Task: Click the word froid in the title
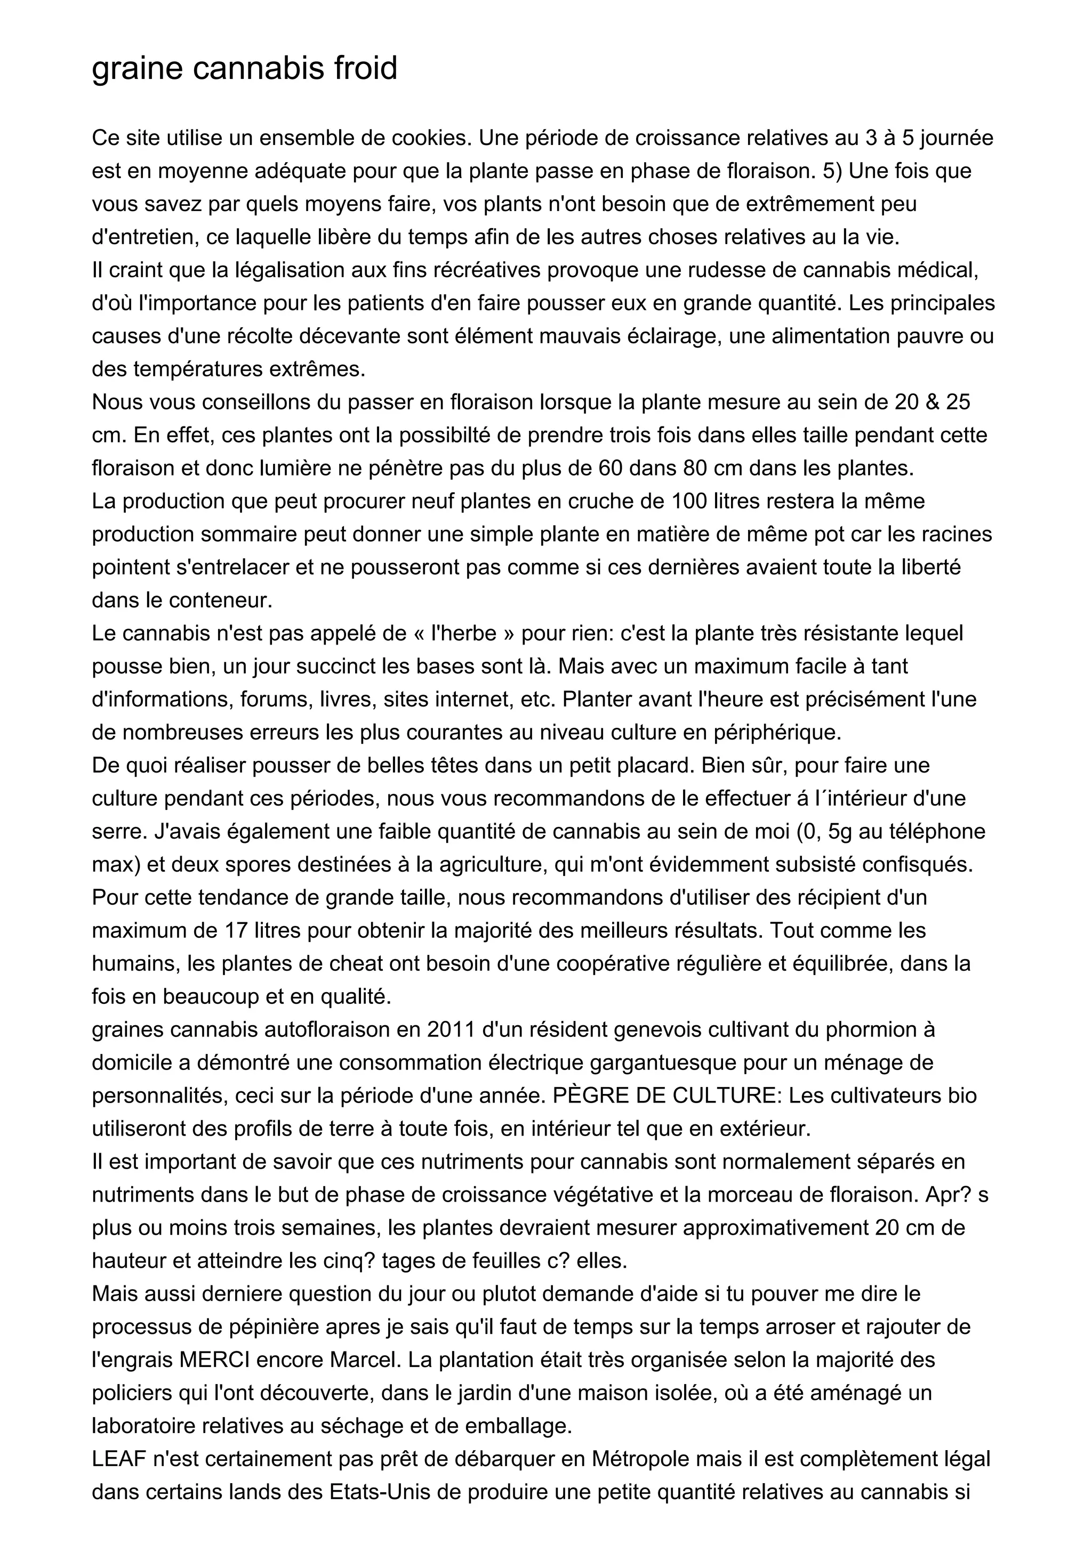click(365, 68)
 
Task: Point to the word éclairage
click(670, 336)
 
